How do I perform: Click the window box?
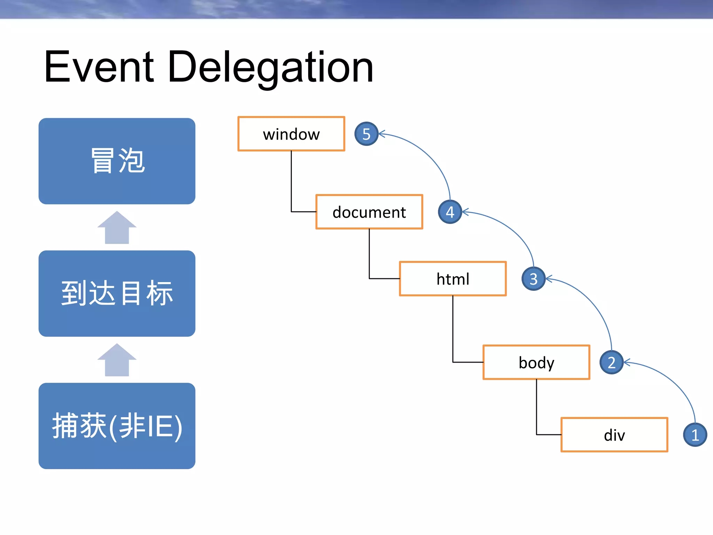[291, 134]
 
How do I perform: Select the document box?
[369, 212]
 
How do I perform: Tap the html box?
[453, 279]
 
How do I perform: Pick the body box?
[536, 362]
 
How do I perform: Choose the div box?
[614, 435]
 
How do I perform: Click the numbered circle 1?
[695, 435]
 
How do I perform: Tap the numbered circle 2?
[611, 362]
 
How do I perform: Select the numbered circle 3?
[533, 279]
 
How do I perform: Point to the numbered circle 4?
[450, 212]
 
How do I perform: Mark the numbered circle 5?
[366, 134]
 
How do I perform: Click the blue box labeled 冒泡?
[117, 161]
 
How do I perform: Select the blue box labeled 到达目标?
[117, 293]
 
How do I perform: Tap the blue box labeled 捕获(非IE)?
[117, 426]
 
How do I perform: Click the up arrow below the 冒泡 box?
[117, 228]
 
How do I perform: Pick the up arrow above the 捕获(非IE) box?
[117, 360]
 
